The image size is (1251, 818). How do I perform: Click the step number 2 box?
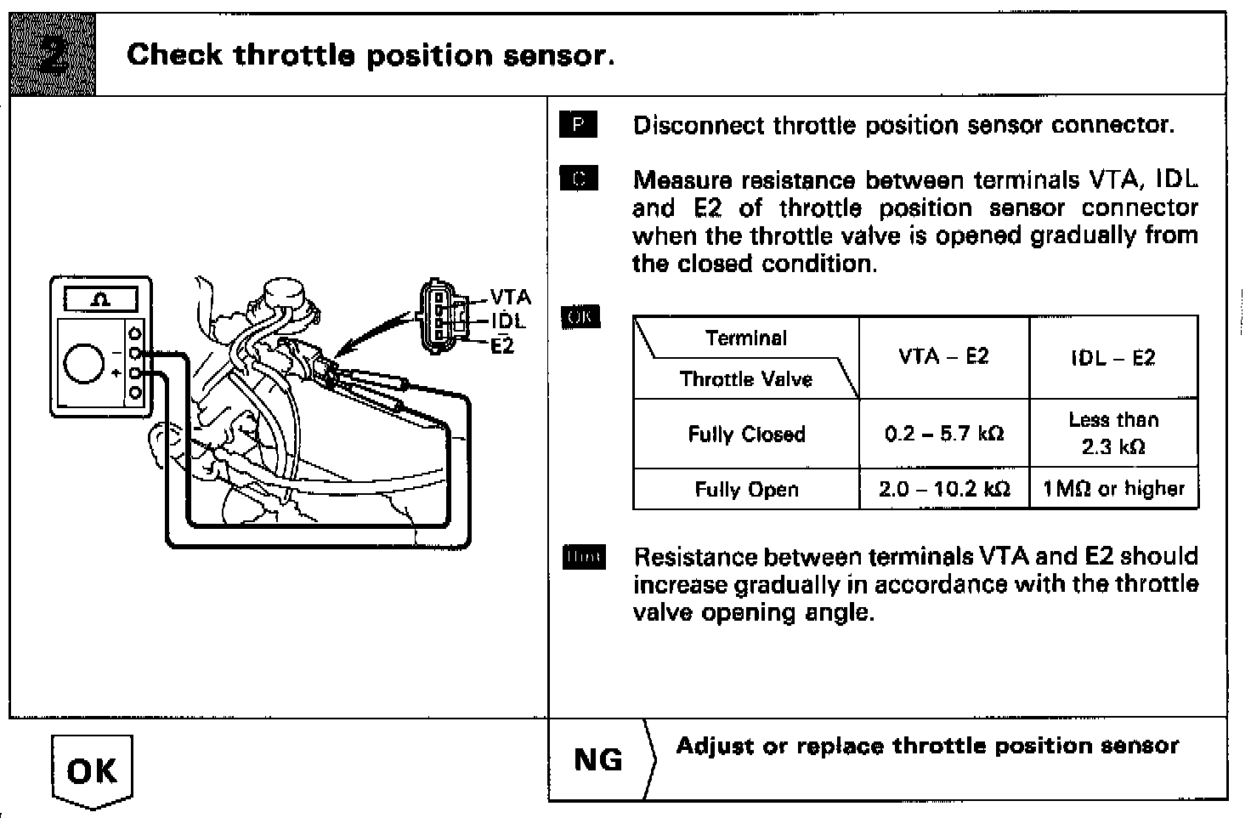(x=52, y=54)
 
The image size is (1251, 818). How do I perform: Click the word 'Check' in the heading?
(x=174, y=55)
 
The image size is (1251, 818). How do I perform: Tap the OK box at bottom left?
(x=92, y=770)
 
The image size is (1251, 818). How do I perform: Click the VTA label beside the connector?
(x=510, y=298)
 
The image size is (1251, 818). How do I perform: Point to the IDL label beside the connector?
(x=508, y=321)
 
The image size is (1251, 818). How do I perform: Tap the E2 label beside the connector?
(x=503, y=346)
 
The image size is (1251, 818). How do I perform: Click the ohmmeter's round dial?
(x=84, y=364)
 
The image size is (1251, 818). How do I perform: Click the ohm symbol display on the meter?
(x=101, y=299)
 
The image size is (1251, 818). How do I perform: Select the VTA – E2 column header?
(x=943, y=357)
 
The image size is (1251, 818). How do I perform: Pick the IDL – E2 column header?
(x=1112, y=358)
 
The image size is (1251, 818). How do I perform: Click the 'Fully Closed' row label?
(x=746, y=435)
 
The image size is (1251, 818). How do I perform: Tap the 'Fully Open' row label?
(x=746, y=490)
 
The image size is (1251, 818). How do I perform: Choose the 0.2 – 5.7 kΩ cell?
(x=943, y=435)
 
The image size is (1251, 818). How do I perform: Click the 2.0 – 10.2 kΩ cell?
(x=943, y=490)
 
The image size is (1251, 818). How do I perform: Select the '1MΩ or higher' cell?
(x=1112, y=489)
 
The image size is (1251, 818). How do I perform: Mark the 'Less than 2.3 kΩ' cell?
(x=1112, y=433)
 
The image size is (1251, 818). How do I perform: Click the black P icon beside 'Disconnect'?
(x=579, y=125)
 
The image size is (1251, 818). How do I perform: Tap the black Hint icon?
(x=584, y=558)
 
